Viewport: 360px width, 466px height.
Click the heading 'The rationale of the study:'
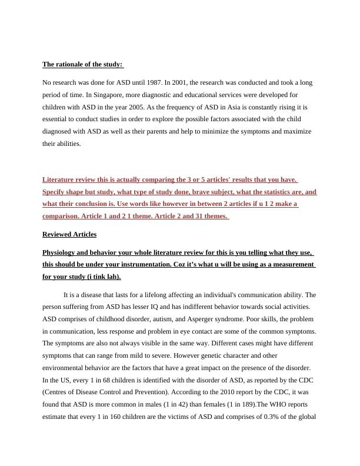(x=82, y=64)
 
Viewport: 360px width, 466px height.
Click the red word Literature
(x=58, y=179)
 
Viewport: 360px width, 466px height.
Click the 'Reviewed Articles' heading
(x=69, y=234)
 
